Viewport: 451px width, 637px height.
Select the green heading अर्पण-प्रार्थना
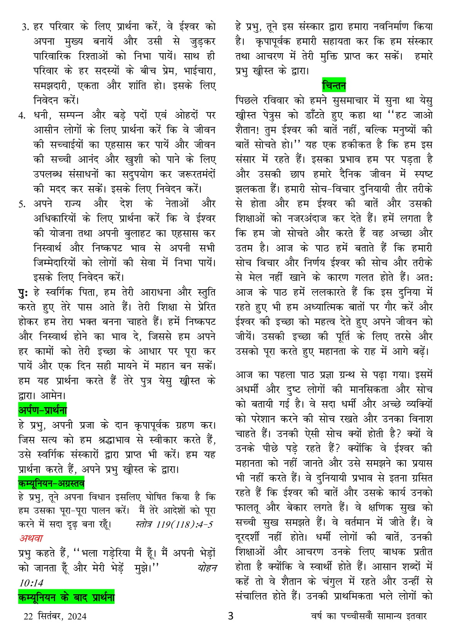(43, 411)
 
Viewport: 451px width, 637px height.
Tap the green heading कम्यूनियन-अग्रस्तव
(51, 483)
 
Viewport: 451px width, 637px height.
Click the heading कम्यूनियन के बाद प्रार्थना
(66, 598)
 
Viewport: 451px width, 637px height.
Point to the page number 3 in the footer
(231, 616)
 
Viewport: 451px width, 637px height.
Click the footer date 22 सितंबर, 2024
(55, 617)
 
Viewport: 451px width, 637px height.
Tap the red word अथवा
(31, 538)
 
